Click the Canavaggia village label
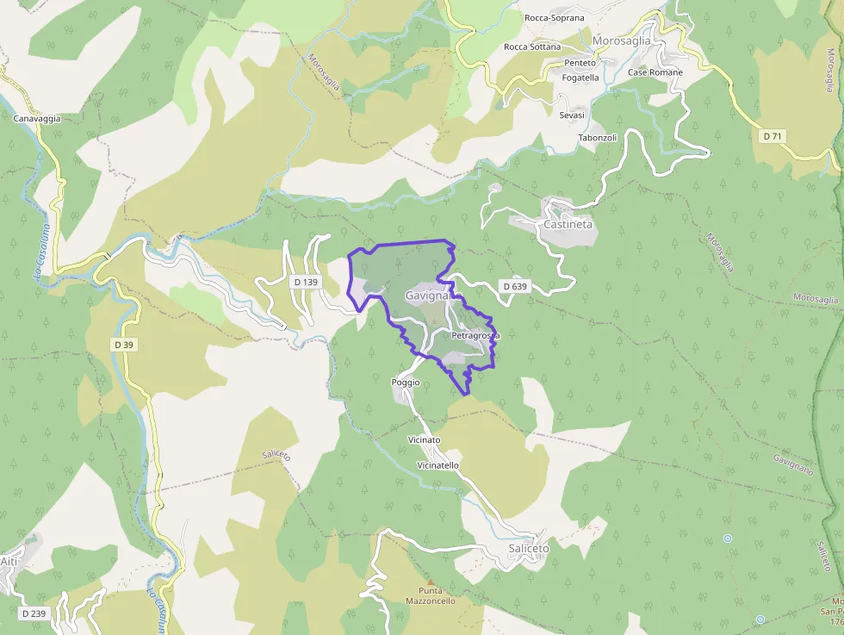tap(37, 119)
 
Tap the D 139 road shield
tap(306, 282)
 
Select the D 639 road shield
tap(513, 286)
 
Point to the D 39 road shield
tap(124, 345)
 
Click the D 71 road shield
tap(773, 136)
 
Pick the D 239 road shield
tap(34, 613)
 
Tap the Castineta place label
tap(568, 224)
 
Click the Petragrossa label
tap(475, 335)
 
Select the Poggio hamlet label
tap(406, 382)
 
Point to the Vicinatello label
tap(438, 465)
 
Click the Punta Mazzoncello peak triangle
tap(430, 582)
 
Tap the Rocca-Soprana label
tap(554, 17)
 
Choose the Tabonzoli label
tap(598, 138)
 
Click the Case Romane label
tap(655, 72)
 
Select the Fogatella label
tap(580, 78)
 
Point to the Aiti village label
tap(9, 562)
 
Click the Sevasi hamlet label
tap(572, 115)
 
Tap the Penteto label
tap(580, 63)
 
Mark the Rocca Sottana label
tap(532, 47)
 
